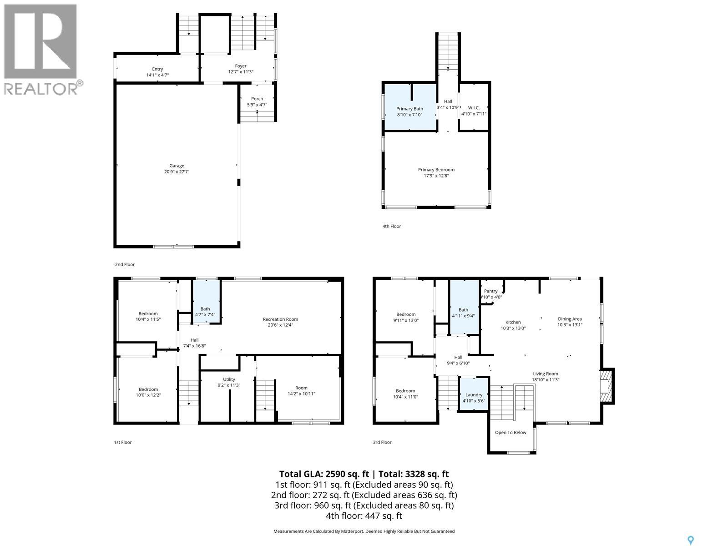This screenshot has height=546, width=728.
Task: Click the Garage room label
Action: coord(177,166)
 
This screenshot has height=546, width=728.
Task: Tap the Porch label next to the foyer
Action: coord(257,99)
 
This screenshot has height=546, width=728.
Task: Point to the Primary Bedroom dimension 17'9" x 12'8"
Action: coord(436,176)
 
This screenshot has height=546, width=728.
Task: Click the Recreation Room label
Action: coord(280,319)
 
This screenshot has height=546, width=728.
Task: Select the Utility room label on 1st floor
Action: coord(229,379)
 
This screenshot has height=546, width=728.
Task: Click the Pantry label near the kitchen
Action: coord(490,291)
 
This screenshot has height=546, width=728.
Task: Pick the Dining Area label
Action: coord(570,319)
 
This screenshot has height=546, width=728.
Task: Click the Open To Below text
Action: coord(511,432)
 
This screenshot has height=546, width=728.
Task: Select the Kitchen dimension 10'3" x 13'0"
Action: coord(513,328)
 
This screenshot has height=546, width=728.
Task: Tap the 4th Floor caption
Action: coord(392,226)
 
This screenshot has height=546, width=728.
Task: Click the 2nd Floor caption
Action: coord(125,264)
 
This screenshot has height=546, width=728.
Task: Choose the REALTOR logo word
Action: coord(41,88)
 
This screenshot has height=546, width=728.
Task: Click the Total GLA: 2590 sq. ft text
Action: coord(324,474)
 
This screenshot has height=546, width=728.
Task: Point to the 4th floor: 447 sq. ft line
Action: coord(364,516)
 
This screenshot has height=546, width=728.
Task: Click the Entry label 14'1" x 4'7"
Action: coord(157,69)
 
